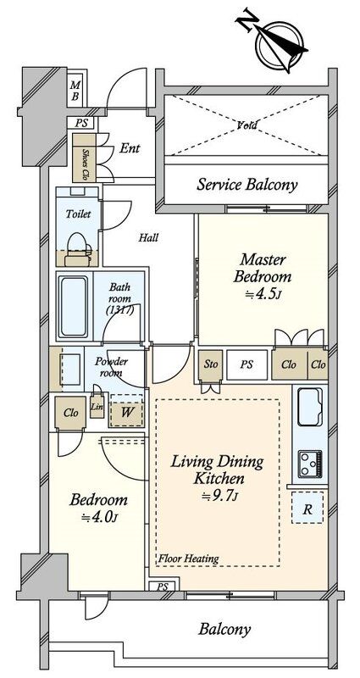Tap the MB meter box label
pyautogui.click(x=75, y=91)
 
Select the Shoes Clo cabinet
pyautogui.click(x=84, y=158)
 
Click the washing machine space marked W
pyautogui.click(x=126, y=411)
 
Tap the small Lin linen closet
pyautogui.click(x=97, y=406)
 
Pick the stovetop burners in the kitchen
pyautogui.click(x=310, y=464)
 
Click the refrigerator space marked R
pyautogui.click(x=307, y=508)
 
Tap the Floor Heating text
pyautogui.click(x=188, y=559)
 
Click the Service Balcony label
pyautogui.click(x=247, y=185)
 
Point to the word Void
pyautogui.click(x=246, y=125)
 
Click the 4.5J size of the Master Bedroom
pyautogui.click(x=263, y=293)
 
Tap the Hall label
pyautogui.click(x=148, y=237)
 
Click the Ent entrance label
pyautogui.click(x=130, y=148)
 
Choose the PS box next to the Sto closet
pyautogui.click(x=246, y=365)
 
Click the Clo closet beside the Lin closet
pyautogui.click(x=70, y=413)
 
